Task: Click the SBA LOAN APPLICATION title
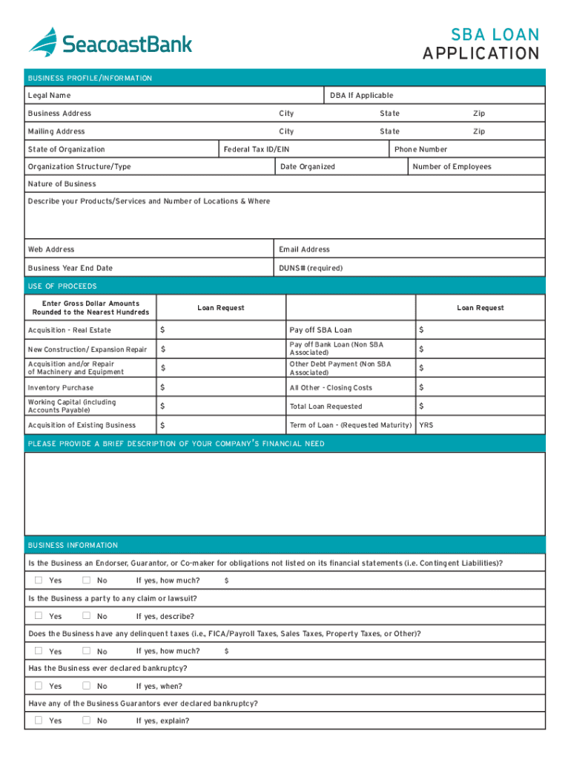(481, 44)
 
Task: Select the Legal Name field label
(49, 95)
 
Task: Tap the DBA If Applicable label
(361, 95)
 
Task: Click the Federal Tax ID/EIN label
(257, 149)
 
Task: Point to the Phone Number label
(420, 149)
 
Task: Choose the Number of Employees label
(452, 167)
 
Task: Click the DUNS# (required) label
(311, 268)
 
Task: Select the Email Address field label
(304, 249)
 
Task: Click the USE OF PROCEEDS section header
(62, 286)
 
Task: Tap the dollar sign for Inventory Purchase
(163, 387)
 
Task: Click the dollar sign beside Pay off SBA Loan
(421, 330)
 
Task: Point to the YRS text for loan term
(426, 425)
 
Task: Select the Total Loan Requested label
(326, 407)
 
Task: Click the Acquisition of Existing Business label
(82, 425)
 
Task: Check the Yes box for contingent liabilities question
(39, 580)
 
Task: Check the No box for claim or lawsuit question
(86, 616)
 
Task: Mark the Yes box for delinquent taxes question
(39, 651)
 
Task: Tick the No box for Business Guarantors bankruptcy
(86, 721)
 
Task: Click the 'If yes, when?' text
(159, 687)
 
